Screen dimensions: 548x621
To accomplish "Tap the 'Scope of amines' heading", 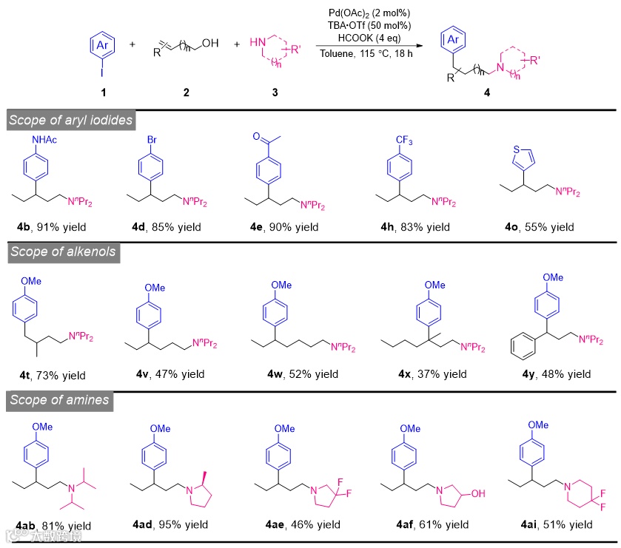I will tap(58, 401).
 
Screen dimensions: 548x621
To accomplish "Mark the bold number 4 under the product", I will tap(486, 93).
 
